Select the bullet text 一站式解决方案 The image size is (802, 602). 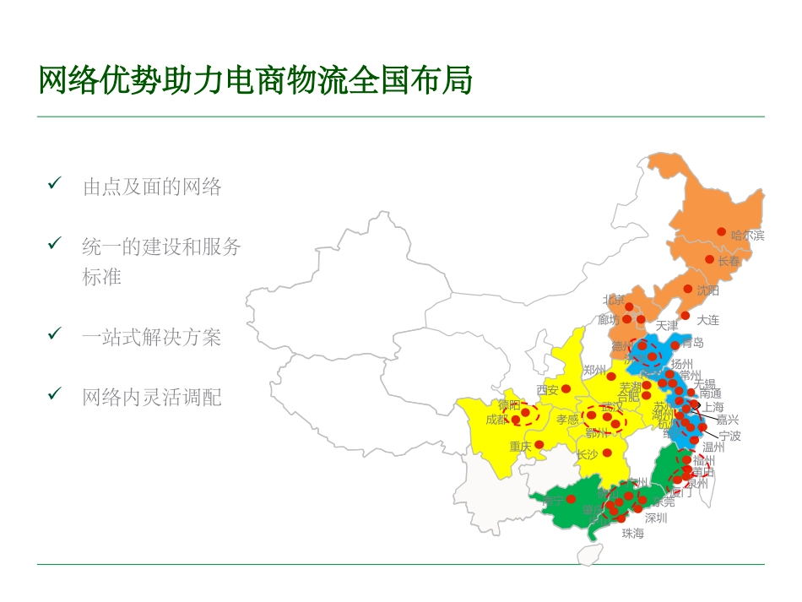[151, 338]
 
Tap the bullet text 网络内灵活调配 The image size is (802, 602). [151, 397]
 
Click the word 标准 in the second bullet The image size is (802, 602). [102, 277]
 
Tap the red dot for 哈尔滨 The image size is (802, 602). [721, 231]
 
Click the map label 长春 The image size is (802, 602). [729, 262]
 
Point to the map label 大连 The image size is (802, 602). [707, 320]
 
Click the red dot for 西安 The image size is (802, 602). [566, 388]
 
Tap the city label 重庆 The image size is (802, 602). [520, 446]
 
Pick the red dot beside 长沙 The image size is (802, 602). [606, 453]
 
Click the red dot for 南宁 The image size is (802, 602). [571, 499]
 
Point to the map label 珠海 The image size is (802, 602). [632, 534]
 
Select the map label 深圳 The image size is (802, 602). [655, 518]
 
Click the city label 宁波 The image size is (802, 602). [729, 437]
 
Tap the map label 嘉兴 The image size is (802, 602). [727, 420]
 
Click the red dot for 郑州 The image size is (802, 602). [611, 376]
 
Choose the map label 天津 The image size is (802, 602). [666, 326]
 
